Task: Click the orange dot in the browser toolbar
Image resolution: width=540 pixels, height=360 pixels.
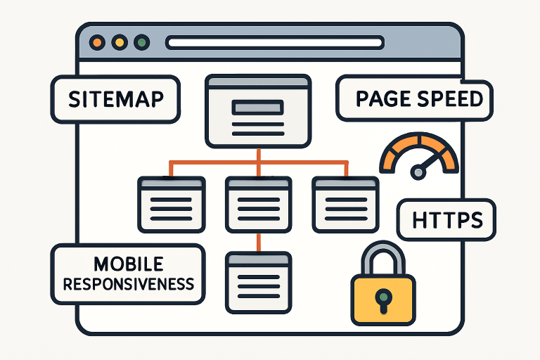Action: tap(97, 43)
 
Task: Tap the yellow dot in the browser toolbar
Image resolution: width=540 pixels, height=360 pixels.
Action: tap(120, 43)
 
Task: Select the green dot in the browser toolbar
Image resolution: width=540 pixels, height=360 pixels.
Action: tap(142, 43)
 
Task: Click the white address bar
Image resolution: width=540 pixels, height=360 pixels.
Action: tap(274, 43)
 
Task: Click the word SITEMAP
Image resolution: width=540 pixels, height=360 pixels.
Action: tap(116, 99)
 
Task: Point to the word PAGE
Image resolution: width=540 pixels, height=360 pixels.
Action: tap(382, 98)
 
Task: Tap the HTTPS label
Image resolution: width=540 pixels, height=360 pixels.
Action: tap(446, 221)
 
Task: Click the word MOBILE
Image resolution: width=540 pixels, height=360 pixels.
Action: tap(128, 265)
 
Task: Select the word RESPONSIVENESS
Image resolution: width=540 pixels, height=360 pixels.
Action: tap(128, 284)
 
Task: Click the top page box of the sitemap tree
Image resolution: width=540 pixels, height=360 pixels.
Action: tap(257, 111)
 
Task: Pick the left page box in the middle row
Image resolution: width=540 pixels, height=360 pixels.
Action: tap(172, 204)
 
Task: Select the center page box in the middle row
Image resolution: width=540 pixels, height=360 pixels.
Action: tap(258, 204)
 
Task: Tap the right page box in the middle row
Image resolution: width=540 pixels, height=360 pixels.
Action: tap(345, 204)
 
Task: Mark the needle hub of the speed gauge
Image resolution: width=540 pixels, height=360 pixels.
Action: tap(418, 172)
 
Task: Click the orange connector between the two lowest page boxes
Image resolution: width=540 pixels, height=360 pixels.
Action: tap(258, 241)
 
